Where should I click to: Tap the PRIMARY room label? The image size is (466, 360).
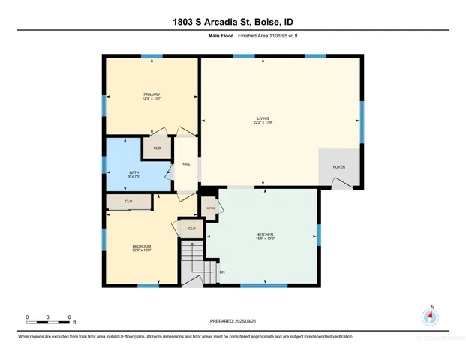pos(152,94)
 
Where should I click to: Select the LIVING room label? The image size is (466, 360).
pos(263,118)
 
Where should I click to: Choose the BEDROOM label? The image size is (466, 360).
pos(142,247)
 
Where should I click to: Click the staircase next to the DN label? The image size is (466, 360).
pos(197,263)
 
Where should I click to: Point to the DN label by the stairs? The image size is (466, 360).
pos(222,271)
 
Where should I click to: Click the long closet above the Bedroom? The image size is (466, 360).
pos(129,202)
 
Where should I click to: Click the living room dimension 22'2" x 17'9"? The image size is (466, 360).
pos(263,122)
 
